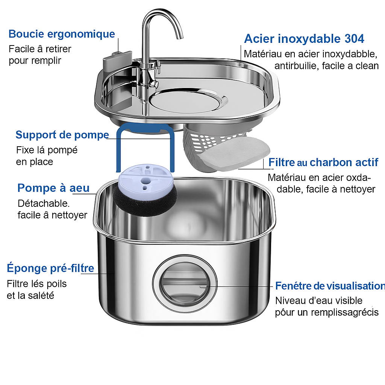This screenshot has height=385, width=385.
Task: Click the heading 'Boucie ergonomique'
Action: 62,34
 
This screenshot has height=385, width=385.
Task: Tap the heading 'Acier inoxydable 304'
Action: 304,39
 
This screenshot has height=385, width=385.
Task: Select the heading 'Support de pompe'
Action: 62,135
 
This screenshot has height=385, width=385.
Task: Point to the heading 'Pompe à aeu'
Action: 53,188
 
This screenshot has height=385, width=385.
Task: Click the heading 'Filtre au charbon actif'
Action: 323,162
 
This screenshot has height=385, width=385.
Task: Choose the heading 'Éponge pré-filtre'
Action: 50,268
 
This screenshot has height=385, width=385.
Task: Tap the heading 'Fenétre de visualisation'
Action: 330,286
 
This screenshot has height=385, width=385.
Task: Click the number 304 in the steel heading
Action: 354,39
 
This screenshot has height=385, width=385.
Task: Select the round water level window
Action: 185,284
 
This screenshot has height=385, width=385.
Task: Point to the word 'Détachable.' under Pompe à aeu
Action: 44,203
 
